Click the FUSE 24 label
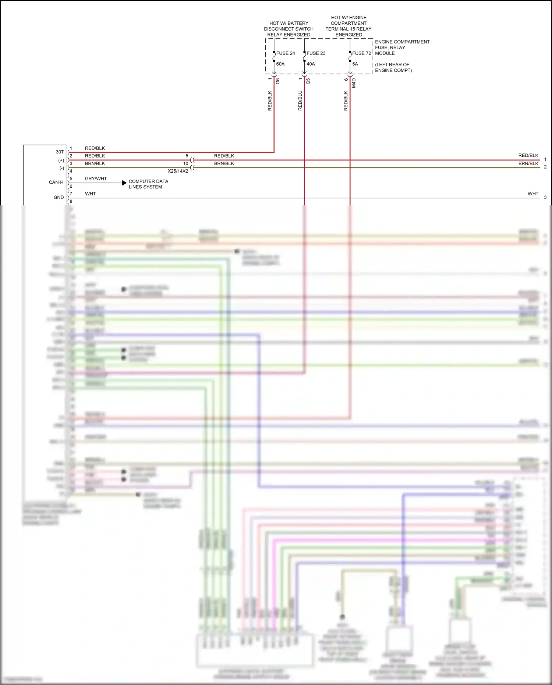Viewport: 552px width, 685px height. point(286,53)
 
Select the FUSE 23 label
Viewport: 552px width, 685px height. point(316,53)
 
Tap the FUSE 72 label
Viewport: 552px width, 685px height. point(361,53)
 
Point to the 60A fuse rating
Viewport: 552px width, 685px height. point(280,64)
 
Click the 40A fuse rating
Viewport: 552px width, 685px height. point(311,64)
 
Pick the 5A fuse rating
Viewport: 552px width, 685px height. point(355,64)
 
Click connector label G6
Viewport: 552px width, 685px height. point(278,81)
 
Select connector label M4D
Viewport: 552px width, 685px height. point(354,83)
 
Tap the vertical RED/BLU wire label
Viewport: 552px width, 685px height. point(300,100)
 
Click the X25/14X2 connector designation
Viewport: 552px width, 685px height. point(178,171)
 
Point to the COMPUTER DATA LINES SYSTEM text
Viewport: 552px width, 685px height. point(148,184)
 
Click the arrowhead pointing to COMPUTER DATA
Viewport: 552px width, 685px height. point(124,183)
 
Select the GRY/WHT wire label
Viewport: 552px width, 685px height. point(96,179)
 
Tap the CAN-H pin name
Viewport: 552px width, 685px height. point(56,182)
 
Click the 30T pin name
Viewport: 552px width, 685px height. point(60,152)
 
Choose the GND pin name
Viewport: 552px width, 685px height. point(59,197)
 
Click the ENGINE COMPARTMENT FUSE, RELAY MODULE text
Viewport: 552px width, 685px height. point(402,47)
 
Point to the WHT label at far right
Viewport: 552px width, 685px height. point(533,194)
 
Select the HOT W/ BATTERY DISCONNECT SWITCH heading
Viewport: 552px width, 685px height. point(289,29)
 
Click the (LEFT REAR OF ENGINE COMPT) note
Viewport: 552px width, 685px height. point(393,67)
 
